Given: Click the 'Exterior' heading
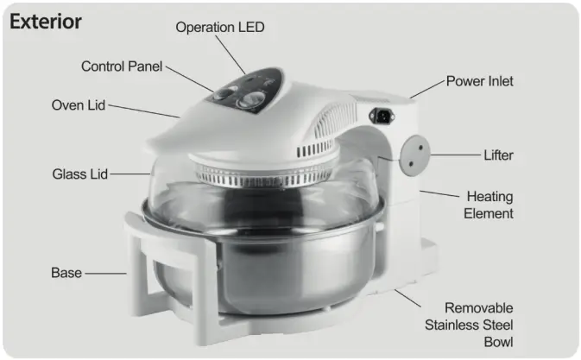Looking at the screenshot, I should [46, 22].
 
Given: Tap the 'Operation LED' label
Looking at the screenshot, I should [220, 28].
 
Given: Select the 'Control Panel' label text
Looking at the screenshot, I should [121, 66].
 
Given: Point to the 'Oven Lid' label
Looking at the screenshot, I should [79, 105].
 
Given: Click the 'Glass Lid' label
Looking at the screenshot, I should [80, 174].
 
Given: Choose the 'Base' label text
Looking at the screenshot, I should [66, 273].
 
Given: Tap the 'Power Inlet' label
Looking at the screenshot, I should [479, 81].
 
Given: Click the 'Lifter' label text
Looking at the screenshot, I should [498, 156].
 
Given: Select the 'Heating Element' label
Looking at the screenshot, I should [489, 205].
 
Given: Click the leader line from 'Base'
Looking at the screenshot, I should [104, 274].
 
